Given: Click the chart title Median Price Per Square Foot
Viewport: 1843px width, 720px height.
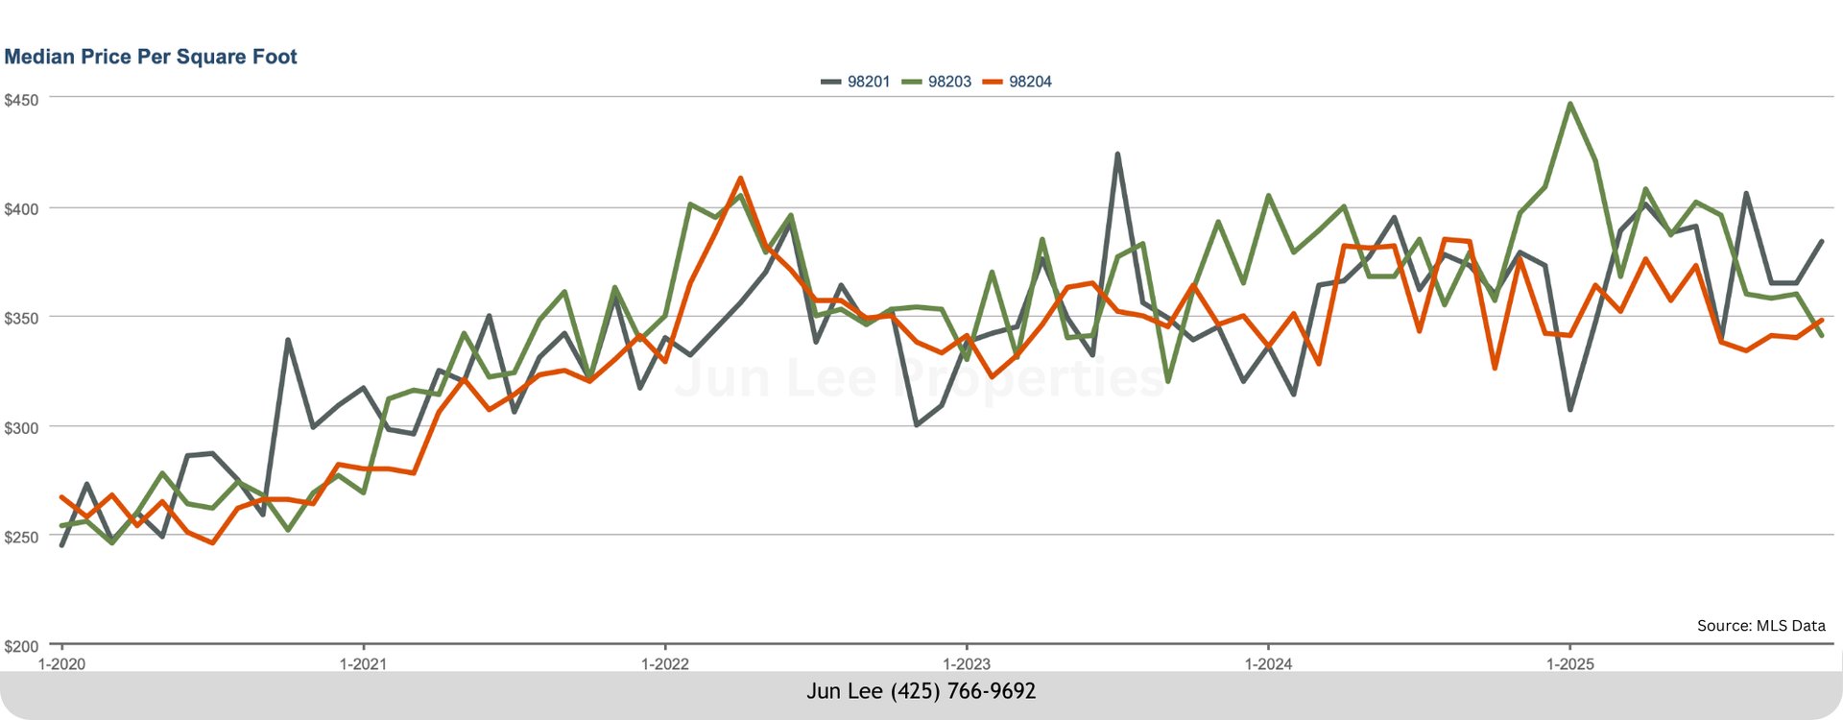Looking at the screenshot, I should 151,57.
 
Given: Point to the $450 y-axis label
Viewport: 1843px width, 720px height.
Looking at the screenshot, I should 21,100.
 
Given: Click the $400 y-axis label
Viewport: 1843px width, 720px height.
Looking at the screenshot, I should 21,209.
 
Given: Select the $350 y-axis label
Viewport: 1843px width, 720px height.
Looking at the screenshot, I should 21,318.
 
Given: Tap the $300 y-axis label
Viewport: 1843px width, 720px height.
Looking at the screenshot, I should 21,428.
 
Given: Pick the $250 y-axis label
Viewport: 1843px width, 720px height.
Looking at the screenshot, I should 21,537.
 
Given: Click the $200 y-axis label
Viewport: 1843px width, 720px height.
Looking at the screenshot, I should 21,646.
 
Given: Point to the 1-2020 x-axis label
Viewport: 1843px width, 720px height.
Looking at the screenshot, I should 61,663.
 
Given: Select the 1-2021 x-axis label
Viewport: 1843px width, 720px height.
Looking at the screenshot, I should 363,663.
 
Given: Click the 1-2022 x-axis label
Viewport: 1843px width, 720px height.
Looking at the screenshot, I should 664,663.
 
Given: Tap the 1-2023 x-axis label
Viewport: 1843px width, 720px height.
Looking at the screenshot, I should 967,663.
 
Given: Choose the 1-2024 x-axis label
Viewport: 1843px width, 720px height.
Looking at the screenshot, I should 1268,663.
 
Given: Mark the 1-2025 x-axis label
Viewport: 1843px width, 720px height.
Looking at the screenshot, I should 1569,663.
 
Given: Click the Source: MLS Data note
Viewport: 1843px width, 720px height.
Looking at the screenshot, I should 1760,626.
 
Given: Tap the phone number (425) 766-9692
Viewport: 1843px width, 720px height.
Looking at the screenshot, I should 963,691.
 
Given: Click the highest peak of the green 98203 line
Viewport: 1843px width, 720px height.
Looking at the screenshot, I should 1569,104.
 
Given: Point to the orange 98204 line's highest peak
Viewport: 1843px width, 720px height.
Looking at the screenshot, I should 740,179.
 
